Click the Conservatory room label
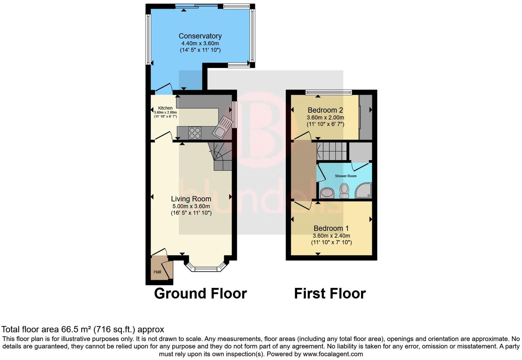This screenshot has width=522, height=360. (x=200, y=36)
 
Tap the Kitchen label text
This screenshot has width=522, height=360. (x=165, y=108)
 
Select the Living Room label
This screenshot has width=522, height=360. (x=191, y=199)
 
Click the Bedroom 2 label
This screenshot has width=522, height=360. (x=325, y=110)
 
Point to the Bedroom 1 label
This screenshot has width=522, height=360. (x=331, y=228)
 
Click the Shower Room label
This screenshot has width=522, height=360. (x=345, y=176)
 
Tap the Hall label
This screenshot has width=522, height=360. (x=157, y=272)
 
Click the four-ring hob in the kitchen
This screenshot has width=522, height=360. (x=195, y=133)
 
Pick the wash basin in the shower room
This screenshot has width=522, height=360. (x=327, y=193)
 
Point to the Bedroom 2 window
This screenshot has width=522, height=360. (x=329, y=92)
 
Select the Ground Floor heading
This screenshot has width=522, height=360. (x=200, y=293)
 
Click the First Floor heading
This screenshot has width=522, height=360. (x=330, y=293)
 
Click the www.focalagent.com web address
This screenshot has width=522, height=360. (x=333, y=354)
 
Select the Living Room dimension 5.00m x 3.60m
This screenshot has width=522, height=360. (x=191, y=206)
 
